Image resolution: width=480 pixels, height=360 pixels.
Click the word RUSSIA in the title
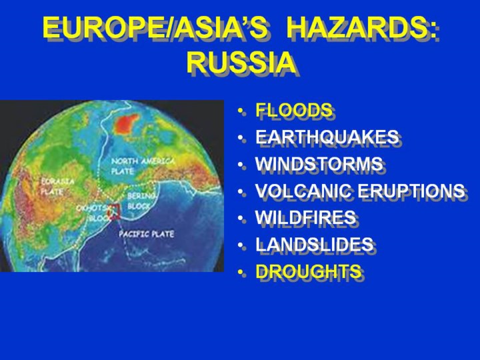(241, 63)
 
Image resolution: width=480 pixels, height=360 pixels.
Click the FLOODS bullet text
(294, 109)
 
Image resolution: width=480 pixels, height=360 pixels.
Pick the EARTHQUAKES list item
(327, 137)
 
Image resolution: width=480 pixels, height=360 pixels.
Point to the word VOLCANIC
(303, 191)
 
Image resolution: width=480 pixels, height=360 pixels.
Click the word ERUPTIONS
(411, 191)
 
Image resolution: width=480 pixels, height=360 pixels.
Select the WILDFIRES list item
(305, 217)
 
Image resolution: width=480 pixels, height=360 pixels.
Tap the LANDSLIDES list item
(315, 244)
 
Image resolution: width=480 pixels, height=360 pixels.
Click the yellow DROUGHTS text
(308, 271)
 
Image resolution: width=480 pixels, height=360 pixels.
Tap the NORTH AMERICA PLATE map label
(143, 165)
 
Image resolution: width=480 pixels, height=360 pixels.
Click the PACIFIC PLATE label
(146, 234)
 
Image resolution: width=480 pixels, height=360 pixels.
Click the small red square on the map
(113, 211)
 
